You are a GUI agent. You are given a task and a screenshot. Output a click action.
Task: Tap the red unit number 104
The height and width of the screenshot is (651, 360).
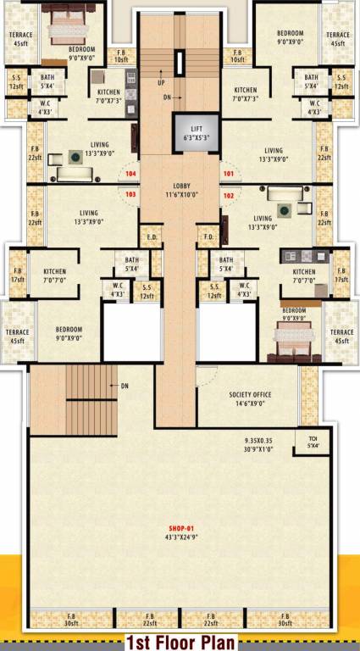pos(130,174)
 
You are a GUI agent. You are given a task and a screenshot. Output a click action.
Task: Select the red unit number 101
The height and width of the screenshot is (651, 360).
pos(228,174)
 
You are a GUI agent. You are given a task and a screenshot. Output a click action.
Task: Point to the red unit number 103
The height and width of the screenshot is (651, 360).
pos(130,193)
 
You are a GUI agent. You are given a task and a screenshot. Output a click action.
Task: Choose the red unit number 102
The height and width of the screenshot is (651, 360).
pos(228,193)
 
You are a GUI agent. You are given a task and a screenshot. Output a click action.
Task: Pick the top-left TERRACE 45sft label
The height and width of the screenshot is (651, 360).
pos(19,39)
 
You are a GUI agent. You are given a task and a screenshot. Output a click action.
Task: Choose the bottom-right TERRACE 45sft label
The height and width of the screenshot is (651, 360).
pos(341,337)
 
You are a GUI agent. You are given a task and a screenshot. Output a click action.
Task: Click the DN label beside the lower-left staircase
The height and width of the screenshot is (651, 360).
pos(125,387)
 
